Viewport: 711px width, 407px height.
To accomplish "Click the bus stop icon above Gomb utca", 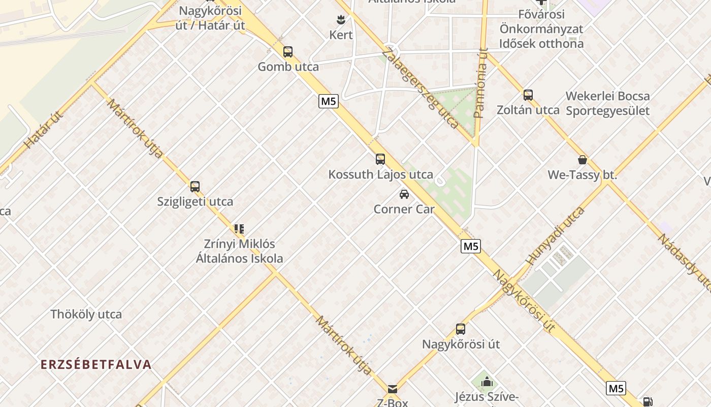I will (x=288, y=52).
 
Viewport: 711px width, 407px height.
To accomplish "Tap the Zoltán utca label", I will (x=528, y=110).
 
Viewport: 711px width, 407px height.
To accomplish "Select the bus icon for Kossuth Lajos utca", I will (x=380, y=159).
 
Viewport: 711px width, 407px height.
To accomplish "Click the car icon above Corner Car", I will (x=404, y=194).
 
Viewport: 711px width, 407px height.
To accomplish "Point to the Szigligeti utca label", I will (x=195, y=201).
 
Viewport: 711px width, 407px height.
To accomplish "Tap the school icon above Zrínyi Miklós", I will (x=239, y=229).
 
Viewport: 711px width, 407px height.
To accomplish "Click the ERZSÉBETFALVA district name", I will (x=96, y=364).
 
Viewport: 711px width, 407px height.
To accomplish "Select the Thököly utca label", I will (x=86, y=314).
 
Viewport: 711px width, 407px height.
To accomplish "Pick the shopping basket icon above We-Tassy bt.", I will (x=582, y=160).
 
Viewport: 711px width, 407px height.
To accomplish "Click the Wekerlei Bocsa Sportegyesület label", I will (x=607, y=103).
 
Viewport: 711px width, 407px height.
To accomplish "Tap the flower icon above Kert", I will (x=341, y=20).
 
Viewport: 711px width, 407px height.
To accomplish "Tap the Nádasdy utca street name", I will (x=684, y=261).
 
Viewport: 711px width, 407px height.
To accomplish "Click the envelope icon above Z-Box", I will (x=393, y=389).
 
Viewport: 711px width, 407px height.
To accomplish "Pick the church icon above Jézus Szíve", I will (x=487, y=382).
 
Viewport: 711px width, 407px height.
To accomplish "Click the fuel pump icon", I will (x=648, y=402).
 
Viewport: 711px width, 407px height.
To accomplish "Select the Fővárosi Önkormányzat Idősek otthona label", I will (x=541, y=29).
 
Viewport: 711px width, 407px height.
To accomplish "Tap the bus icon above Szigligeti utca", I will (x=195, y=186).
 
